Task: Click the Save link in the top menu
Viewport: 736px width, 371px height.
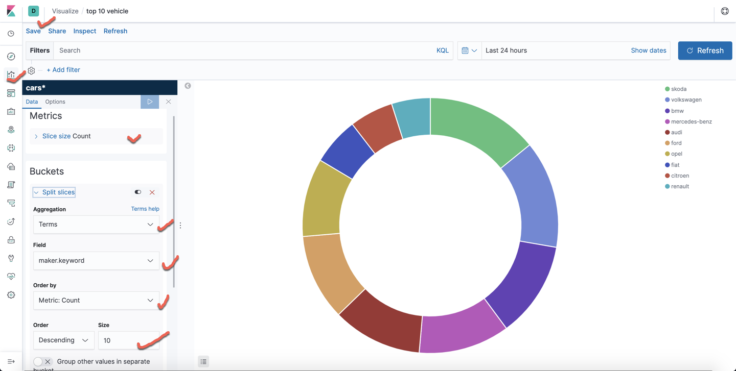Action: (x=33, y=31)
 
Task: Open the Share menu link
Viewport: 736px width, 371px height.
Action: (x=57, y=31)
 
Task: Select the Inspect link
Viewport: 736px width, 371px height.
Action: (x=84, y=31)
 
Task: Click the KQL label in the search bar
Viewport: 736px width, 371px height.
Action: (x=442, y=51)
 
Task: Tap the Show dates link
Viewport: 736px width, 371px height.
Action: (x=648, y=51)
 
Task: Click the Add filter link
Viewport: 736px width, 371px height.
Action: (x=63, y=70)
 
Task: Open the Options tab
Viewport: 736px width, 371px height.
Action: (x=55, y=102)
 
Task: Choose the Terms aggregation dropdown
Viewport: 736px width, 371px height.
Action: (x=96, y=225)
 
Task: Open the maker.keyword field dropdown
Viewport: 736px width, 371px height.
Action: (x=96, y=261)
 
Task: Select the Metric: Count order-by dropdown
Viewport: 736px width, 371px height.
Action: (x=96, y=301)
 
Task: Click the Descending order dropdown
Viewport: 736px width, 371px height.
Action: (x=63, y=340)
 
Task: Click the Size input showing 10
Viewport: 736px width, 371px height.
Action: (x=128, y=340)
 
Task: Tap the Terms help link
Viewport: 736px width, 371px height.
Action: (x=145, y=209)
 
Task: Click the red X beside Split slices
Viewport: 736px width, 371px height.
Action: (x=152, y=192)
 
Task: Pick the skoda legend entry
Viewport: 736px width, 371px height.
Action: (x=678, y=89)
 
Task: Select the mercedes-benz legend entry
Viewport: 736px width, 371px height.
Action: (x=691, y=121)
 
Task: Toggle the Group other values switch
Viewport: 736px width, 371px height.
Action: (x=42, y=361)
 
